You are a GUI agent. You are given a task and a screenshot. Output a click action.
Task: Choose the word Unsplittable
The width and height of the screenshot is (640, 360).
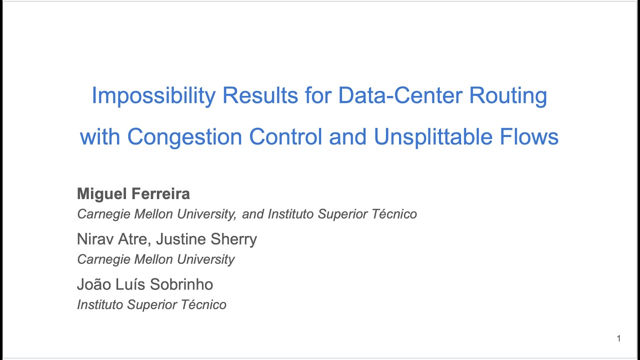point(434,136)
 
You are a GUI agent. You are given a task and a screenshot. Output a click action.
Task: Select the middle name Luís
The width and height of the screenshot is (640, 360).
point(129,284)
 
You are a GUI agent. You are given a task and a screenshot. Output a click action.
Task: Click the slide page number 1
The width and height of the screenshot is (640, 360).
point(618,339)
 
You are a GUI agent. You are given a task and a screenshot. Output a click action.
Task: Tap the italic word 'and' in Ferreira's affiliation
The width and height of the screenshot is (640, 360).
point(253,214)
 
